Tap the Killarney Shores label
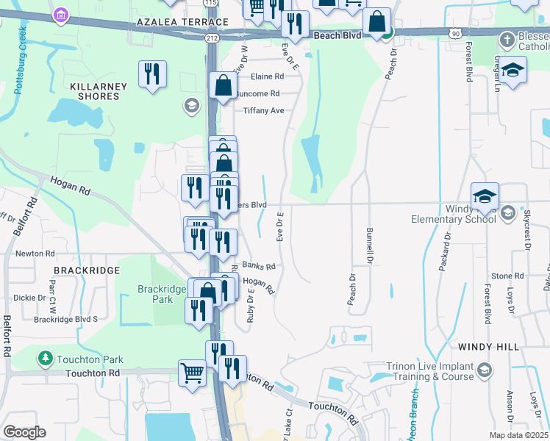(99, 92)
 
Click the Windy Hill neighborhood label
(488, 346)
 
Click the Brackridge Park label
(162, 294)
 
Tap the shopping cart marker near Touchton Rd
(192, 373)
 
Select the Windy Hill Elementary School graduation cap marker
(485, 197)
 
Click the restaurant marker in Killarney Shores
(152, 74)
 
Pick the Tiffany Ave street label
(263, 111)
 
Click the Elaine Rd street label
(267, 76)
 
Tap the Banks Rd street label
(258, 266)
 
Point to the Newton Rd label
(35, 254)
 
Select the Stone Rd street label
(507, 276)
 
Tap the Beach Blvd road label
(336, 35)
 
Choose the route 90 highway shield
(456, 33)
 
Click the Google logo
(25, 432)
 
